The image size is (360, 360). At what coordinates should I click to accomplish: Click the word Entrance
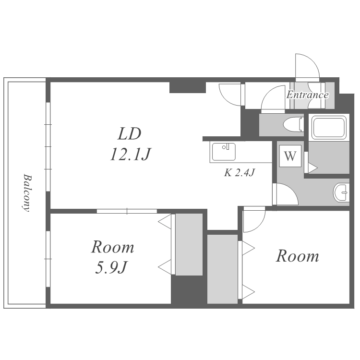307,95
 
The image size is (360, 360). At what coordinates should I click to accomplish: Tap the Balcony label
27,193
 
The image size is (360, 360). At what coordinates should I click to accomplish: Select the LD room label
129,133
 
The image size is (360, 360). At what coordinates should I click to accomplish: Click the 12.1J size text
131,154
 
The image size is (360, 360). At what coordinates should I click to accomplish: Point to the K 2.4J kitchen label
240,172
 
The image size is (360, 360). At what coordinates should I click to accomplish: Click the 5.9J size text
111,267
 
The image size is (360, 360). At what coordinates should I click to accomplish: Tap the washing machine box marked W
290,156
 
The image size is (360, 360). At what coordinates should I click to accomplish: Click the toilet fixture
293,125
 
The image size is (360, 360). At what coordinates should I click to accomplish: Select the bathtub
329,127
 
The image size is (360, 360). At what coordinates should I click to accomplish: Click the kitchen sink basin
224,152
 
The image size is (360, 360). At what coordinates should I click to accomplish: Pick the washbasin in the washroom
341,192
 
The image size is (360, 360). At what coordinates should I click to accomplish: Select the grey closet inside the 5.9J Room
189,244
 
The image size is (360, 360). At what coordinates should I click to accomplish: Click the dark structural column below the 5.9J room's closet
189,290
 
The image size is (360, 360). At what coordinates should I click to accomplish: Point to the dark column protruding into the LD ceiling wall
187,87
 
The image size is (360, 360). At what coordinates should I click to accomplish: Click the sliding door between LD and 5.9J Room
127,211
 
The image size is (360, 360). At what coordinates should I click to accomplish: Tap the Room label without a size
297,256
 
